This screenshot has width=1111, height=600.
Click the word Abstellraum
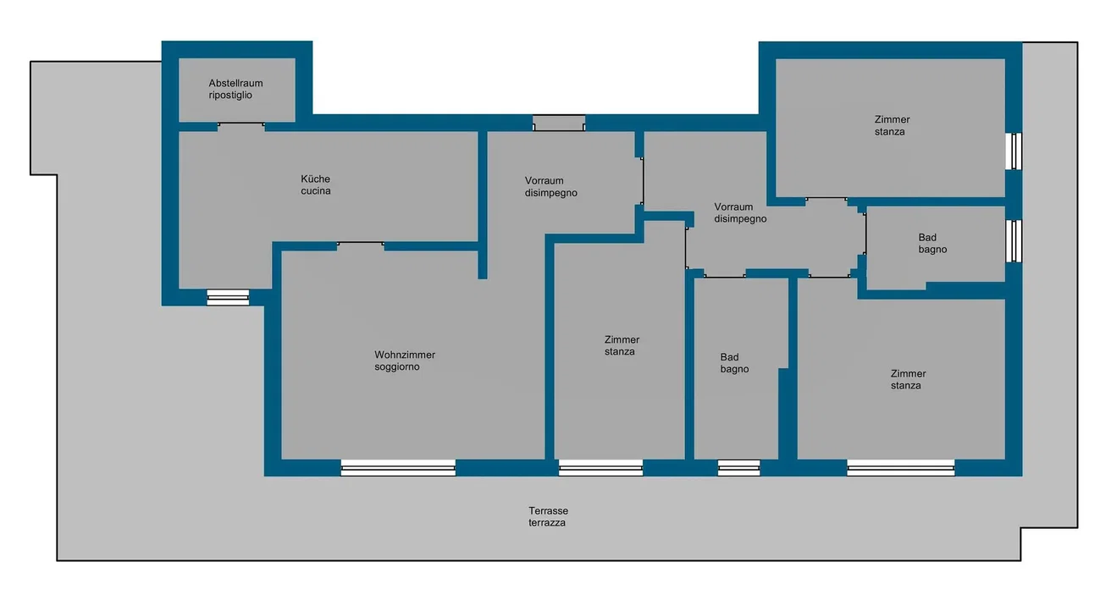point(235,83)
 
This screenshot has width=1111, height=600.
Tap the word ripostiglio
point(230,96)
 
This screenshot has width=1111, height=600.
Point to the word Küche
point(315,179)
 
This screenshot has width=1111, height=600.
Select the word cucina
point(316,191)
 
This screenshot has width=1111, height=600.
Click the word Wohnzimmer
point(405,355)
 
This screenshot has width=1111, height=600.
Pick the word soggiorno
point(397,367)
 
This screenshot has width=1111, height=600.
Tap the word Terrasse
point(548,510)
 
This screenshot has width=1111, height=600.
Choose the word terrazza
point(546,523)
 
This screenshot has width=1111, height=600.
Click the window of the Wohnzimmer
point(398,468)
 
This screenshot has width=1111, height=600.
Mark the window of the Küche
point(228,298)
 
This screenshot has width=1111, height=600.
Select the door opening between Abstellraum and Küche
point(240,126)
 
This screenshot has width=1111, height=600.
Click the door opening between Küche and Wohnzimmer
point(360,246)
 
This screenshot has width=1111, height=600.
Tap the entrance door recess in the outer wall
point(559,123)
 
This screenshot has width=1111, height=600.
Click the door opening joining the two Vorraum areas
point(642,181)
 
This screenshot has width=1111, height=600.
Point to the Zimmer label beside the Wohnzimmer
point(622,345)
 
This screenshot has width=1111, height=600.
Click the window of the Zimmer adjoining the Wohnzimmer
point(600,468)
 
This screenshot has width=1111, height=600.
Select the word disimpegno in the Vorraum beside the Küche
point(551,193)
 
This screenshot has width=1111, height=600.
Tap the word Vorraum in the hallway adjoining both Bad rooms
point(733,206)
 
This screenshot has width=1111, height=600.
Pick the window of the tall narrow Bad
point(738,468)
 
